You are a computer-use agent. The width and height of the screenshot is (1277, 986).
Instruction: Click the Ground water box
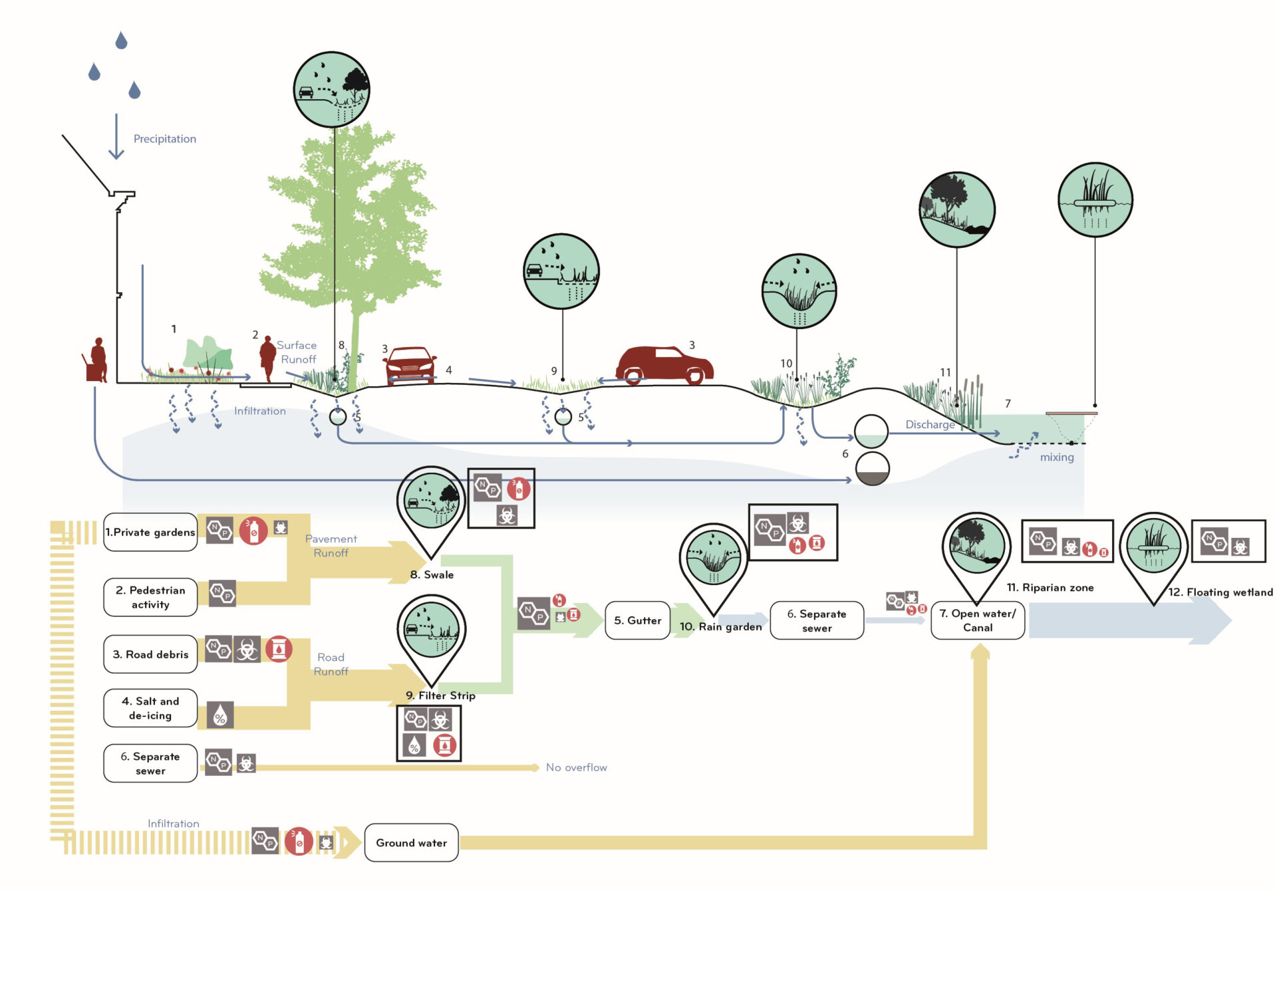(411, 842)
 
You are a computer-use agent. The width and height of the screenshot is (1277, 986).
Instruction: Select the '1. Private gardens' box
(151, 532)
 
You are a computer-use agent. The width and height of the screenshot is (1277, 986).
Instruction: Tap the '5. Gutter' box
(637, 620)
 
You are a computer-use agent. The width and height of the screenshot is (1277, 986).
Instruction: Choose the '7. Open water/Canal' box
(978, 620)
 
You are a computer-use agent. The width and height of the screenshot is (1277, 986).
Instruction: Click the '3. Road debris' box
(151, 654)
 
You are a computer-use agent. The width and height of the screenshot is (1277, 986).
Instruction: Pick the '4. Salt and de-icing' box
(151, 708)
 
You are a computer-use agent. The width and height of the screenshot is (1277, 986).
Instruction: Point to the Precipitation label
(165, 139)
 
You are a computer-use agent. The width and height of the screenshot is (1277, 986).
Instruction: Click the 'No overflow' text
(577, 767)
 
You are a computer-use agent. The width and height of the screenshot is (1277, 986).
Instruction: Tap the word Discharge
(930, 424)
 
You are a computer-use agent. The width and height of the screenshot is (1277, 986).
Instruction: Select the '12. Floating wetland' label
(1221, 592)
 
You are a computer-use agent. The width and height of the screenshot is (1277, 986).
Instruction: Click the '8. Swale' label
(432, 574)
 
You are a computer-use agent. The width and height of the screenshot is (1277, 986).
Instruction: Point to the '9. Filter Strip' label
(440, 695)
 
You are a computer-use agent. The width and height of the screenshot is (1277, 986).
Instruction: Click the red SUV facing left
(664, 365)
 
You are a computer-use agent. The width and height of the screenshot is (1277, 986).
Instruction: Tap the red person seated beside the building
(97, 360)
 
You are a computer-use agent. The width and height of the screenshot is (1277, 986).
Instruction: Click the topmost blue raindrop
(121, 41)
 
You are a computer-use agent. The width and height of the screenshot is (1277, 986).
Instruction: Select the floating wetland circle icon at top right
(1095, 200)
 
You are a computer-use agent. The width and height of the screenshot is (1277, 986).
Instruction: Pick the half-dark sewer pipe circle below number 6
(872, 469)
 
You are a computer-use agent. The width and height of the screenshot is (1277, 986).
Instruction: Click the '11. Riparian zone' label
(1050, 588)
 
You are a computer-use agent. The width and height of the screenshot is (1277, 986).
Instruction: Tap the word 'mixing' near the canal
(1057, 457)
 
